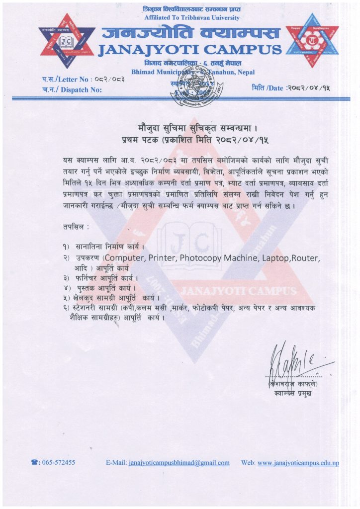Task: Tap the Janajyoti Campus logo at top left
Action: (x=66, y=41)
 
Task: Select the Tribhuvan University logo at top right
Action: (x=312, y=40)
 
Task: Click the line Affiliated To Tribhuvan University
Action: (x=191, y=17)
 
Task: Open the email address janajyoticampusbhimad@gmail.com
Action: (x=179, y=462)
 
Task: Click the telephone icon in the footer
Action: (x=35, y=462)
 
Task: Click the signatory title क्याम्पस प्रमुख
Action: (x=294, y=394)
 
